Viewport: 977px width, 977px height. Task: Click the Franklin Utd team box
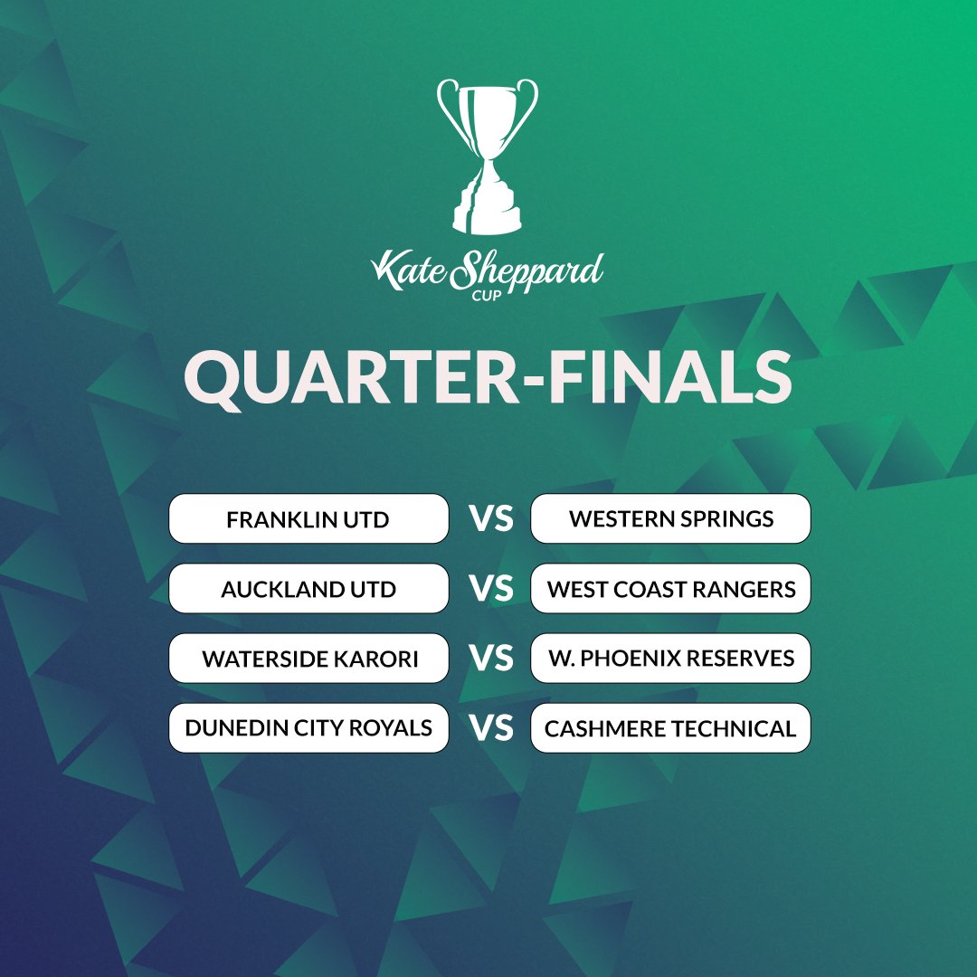308,519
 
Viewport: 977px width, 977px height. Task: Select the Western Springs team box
670,519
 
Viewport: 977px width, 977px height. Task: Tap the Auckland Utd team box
308,589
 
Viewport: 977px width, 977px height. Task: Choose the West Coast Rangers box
670,589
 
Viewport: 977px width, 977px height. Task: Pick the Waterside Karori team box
308,659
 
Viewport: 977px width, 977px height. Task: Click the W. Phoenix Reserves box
670,659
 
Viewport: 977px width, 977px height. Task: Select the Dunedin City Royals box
308,728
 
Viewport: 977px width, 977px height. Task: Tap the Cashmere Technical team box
670,728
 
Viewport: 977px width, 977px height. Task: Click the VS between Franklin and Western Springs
490,519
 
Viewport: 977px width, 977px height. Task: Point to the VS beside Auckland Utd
490,589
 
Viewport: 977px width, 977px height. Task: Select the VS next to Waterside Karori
490,659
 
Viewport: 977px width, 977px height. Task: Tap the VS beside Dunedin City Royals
490,728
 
